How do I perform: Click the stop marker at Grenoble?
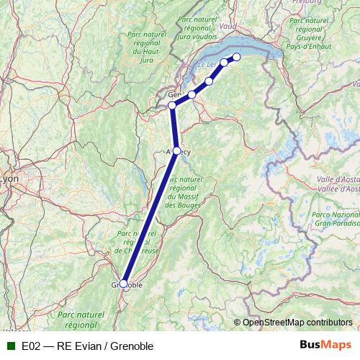[123, 284]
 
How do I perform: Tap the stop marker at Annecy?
[177, 151]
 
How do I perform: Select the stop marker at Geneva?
[171, 106]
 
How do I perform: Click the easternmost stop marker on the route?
[236, 58]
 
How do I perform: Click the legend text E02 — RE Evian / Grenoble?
[87, 346]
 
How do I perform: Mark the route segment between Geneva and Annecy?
[174, 128]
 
